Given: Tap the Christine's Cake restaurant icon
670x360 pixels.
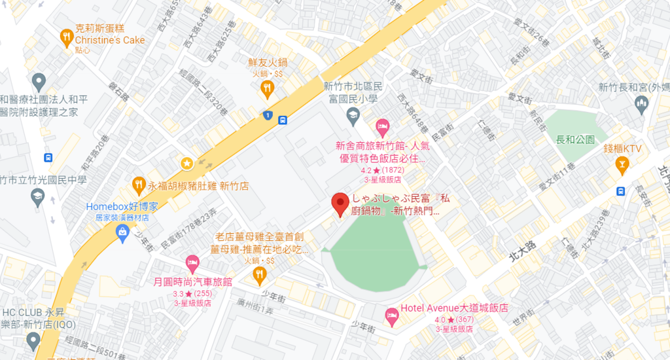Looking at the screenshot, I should [x=65, y=37].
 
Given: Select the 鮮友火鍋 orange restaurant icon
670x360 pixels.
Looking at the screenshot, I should [x=267, y=88].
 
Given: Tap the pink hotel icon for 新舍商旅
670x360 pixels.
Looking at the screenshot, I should [x=382, y=124].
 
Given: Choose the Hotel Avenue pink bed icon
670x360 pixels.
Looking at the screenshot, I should [x=391, y=315].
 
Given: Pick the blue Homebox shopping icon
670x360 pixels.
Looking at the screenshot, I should [x=122, y=232].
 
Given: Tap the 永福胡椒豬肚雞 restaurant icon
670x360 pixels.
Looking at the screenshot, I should [x=138, y=185].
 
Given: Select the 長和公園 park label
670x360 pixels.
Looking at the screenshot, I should [x=574, y=140].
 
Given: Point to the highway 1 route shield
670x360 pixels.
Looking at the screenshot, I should [x=267, y=115].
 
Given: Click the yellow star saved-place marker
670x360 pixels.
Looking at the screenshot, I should [x=187, y=162].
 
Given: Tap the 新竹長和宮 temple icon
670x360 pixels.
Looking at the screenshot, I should [x=641, y=104].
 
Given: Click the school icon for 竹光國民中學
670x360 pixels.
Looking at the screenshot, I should [x=38, y=196].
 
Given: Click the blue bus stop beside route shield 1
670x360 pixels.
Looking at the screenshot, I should [x=283, y=120].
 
